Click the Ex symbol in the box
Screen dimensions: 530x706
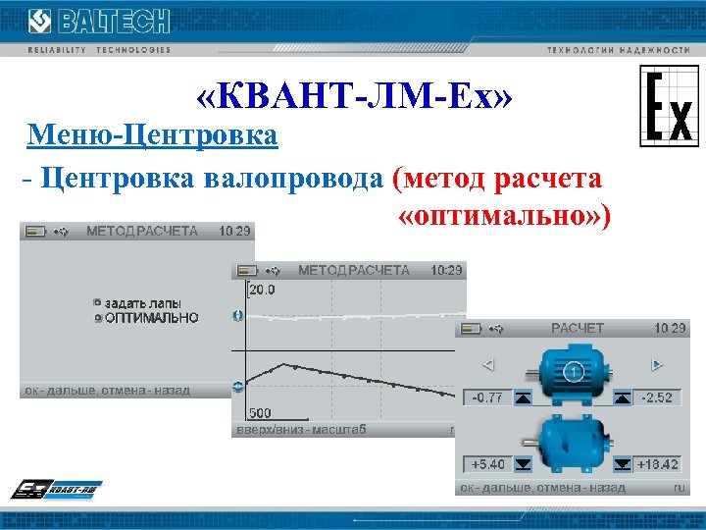(x=669, y=106)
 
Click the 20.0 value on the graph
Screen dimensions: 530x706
(x=262, y=291)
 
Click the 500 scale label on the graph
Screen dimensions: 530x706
(x=260, y=413)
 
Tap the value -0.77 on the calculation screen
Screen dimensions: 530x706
(x=487, y=397)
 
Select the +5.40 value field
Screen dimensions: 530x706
(x=487, y=463)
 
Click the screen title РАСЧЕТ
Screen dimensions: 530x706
(x=578, y=329)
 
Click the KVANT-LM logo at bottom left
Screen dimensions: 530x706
(x=57, y=490)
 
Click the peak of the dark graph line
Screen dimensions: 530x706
(x=283, y=363)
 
